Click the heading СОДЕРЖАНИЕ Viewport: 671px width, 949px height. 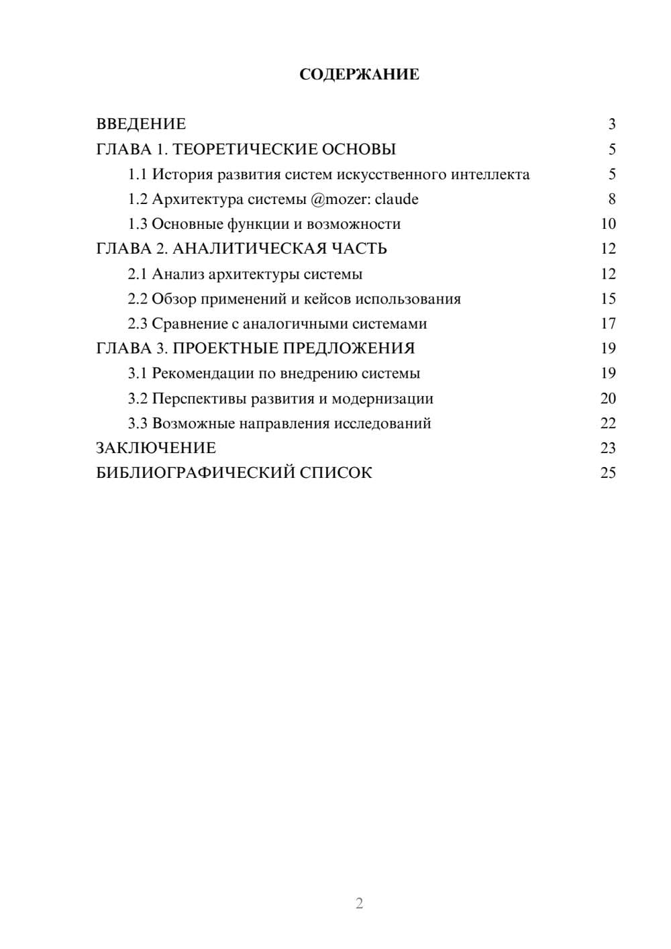359,74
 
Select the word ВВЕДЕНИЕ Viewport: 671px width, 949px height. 141,124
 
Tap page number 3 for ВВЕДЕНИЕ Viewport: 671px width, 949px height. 611,124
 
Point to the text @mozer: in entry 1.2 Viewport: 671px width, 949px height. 340,199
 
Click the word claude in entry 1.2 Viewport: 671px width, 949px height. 397,199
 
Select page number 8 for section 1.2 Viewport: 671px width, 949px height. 611,199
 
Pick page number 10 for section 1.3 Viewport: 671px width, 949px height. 608,224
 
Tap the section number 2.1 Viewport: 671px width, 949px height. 138,274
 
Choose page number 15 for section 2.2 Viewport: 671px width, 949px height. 608,299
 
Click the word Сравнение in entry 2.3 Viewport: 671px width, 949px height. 190,323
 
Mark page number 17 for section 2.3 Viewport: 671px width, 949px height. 608,323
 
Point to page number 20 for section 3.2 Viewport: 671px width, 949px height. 608,399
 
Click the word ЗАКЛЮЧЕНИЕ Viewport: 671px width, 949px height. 156,448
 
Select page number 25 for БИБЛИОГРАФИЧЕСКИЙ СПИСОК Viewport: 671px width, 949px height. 608,473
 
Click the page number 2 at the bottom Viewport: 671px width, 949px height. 359,903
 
